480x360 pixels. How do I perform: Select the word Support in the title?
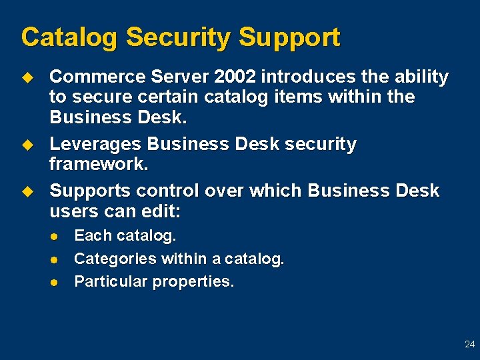tap(289, 37)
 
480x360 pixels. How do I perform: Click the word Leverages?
tap(95, 145)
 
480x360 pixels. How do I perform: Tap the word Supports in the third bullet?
tap(90, 191)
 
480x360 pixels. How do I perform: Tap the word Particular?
tap(111, 281)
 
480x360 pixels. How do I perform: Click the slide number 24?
tap(469, 345)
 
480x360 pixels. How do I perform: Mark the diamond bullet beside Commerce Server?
tap(27, 77)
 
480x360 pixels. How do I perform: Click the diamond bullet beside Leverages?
tap(27, 145)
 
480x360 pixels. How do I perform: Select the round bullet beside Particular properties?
tap(55, 282)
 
